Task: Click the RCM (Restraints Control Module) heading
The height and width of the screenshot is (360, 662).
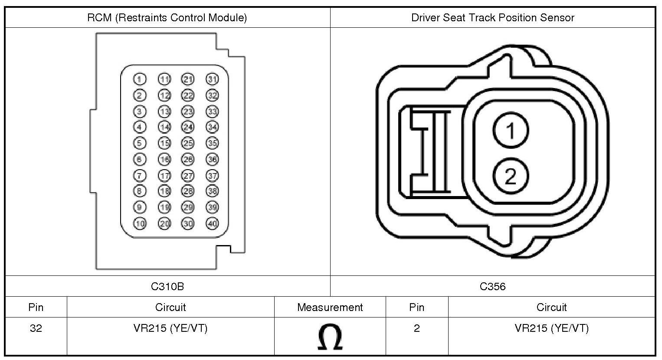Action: click(x=167, y=18)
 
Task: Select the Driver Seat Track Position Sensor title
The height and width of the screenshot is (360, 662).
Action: click(x=492, y=18)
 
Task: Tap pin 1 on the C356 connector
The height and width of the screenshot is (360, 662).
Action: click(x=511, y=130)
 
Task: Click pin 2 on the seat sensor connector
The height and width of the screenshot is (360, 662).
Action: click(x=511, y=176)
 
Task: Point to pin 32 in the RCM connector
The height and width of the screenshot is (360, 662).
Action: click(x=212, y=95)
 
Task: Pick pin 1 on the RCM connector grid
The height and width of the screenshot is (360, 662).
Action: click(x=140, y=79)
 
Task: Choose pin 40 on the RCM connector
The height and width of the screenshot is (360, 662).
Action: click(x=212, y=223)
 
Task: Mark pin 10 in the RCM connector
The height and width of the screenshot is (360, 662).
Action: click(x=140, y=223)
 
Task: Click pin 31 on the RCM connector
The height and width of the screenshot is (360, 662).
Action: click(x=212, y=79)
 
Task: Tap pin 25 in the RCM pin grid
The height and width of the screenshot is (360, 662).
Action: click(x=188, y=143)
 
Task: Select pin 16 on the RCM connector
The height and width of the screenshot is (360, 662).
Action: click(x=164, y=159)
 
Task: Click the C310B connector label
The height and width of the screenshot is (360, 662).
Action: click(x=167, y=286)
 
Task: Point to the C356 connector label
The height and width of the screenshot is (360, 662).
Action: click(x=492, y=286)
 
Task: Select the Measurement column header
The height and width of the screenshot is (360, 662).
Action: click(x=330, y=308)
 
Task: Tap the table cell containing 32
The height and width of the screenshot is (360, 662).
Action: click(x=36, y=328)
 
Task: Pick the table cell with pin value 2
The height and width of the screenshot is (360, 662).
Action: click(x=416, y=328)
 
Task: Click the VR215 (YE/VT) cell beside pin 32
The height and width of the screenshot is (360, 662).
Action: click(x=170, y=328)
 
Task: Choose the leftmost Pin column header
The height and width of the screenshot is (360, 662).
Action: click(x=36, y=308)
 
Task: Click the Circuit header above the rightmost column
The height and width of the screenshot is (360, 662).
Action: click(x=551, y=308)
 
